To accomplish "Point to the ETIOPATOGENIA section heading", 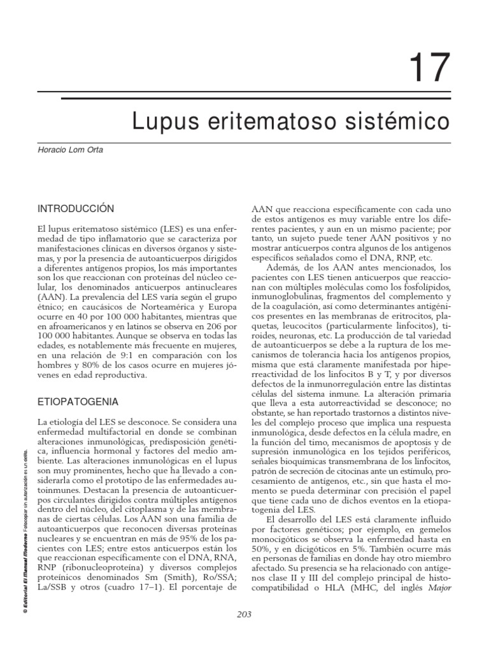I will [x=78, y=402].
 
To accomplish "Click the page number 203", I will [x=244, y=614].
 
